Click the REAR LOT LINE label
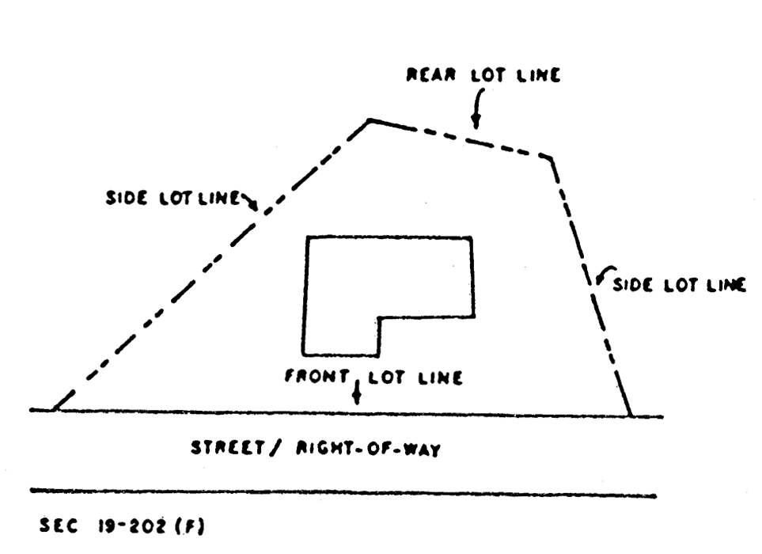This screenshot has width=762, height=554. pos(483,76)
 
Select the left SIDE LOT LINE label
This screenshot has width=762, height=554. pos(172,198)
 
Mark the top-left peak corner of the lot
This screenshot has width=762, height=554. pos(369,120)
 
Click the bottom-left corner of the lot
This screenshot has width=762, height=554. pos(53,410)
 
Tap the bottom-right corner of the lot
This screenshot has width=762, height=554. pos(631,415)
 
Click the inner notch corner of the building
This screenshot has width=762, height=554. pos(378,318)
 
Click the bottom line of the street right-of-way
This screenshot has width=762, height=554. pos(340,494)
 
